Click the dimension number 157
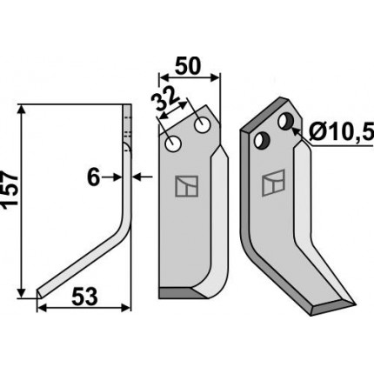point(10,190)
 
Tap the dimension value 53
point(84,297)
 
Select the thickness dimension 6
point(93,177)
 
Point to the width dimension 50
point(188,66)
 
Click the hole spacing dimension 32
point(165,99)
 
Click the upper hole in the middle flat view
point(203,125)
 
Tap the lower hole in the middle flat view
point(173,144)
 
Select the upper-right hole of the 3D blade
point(285,121)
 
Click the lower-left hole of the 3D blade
point(262,141)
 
